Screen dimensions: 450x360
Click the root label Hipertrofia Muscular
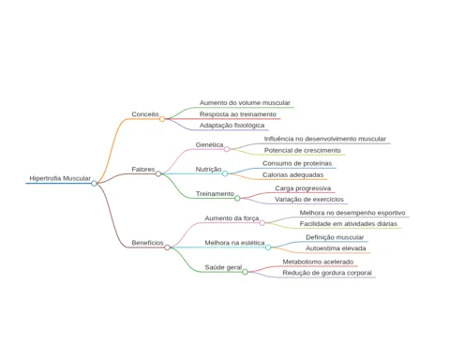tap(60, 178)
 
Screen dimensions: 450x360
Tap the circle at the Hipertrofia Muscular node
tap(94, 183)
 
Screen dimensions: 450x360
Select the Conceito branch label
tap(145, 114)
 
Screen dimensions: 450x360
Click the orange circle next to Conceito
tap(162, 119)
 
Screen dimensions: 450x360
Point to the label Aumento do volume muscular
tap(245, 103)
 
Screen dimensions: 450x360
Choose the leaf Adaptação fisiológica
tap(232, 126)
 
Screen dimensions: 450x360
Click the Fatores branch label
tap(143, 170)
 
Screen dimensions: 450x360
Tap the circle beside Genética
tap(227, 149)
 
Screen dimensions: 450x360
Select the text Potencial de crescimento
tap(302, 150)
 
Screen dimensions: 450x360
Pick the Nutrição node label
tap(208, 170)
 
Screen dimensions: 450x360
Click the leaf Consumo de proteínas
tap(297, 163)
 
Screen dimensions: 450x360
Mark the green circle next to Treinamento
tap(237, 198)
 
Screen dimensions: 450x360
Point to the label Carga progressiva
tap(303, 188)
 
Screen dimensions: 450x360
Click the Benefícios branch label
tap(147, 243)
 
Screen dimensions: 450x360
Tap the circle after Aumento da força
tap(262, 223)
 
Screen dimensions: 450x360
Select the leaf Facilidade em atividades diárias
tap(349, 224)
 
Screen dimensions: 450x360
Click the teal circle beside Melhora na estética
tap(268, 247)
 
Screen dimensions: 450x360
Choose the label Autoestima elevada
tap(336, 248)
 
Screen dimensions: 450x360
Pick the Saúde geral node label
tap(223, 267)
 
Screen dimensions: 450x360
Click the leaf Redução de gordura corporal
tap(327, 273)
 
